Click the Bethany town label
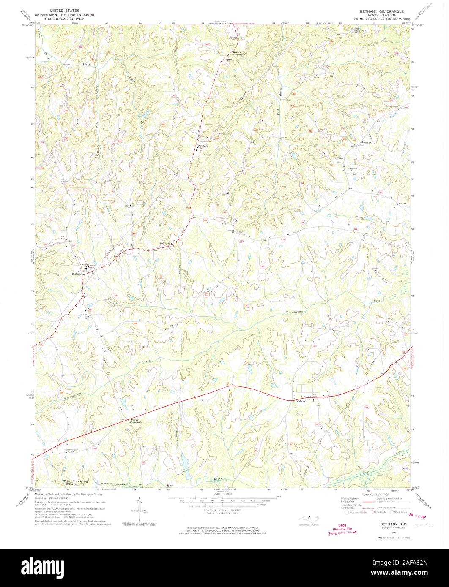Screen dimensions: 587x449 (76, 274)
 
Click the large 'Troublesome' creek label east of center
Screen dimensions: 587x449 (299, 312)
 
